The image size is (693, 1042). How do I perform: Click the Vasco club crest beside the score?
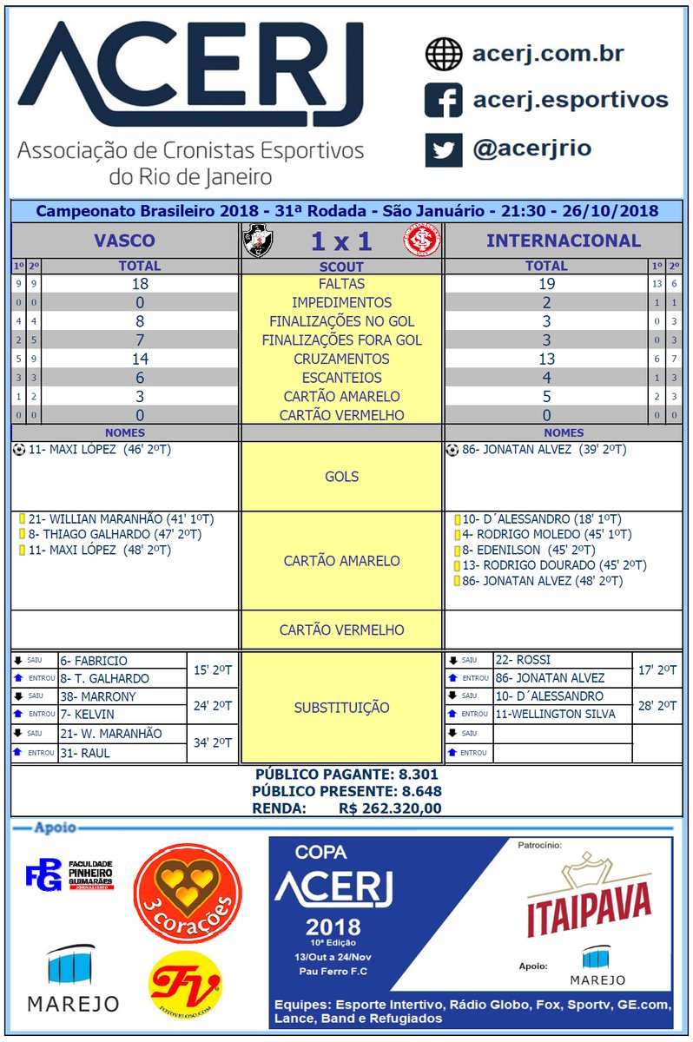257,240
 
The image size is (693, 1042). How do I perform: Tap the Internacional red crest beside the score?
422,240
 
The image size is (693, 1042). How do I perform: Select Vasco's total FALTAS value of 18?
140,284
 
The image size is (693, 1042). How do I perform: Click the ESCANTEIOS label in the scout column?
341,378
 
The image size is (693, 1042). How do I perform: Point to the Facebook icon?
443,101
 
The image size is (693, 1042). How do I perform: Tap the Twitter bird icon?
443,149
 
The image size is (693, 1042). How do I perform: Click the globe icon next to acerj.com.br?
443,54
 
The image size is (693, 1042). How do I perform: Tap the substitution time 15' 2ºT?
213,669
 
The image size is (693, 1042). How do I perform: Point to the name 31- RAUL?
84,753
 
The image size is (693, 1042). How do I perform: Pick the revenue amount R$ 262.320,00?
390,808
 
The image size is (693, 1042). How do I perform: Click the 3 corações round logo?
187,894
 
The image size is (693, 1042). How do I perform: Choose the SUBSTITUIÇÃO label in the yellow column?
341,708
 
